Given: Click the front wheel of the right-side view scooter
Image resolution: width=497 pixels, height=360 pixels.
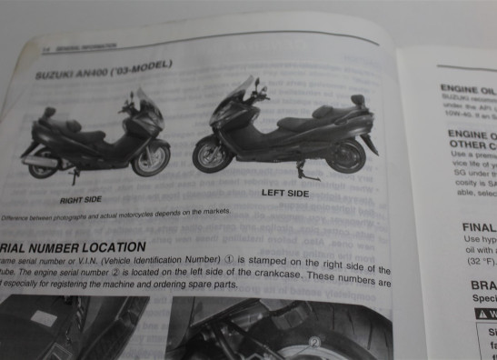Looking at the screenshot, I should [152, 160].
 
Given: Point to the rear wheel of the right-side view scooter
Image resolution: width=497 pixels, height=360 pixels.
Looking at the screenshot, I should [43, 165].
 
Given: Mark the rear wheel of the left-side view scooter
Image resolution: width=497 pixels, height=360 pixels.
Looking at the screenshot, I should [346, 155].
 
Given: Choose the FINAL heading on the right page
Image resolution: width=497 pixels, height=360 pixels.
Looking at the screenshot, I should [478, 227].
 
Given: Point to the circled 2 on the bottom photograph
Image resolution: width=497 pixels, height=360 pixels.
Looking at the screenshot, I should [315, 343].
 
